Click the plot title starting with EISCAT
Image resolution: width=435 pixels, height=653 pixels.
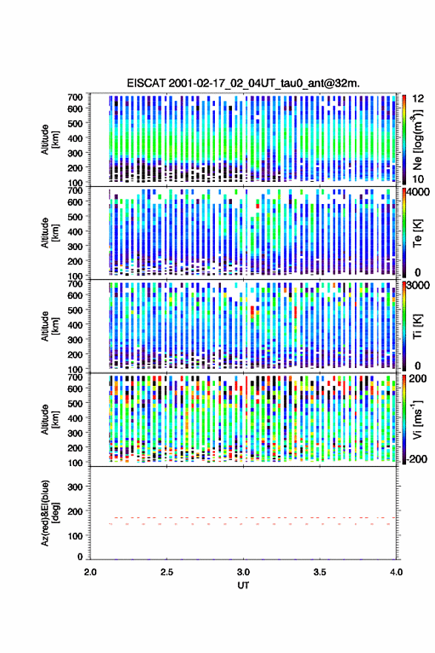tap(243, 83)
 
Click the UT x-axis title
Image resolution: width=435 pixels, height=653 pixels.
tap(243, 585)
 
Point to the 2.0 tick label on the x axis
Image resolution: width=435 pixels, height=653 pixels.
tap(90, 572)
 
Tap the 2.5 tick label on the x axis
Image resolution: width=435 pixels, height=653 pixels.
tap(167, 572)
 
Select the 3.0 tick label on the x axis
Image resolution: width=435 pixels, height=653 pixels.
tap(243, 572)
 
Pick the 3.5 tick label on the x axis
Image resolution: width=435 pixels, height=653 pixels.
tap(320, 572)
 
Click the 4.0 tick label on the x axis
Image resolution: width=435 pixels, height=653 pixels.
tap(396, 572)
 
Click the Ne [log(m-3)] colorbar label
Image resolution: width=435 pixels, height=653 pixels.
tap(417, 140)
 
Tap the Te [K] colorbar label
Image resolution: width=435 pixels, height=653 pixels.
tap(417, 233)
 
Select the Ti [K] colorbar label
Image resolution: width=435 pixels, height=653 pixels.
tap(417, 326)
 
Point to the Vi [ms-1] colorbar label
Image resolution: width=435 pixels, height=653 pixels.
tap(417, 419)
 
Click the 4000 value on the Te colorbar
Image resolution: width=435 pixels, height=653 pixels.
tap(419, 193)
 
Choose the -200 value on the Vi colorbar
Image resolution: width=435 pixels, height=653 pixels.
tap(417, 459)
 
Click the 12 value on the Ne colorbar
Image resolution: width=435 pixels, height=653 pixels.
tap(418, 99)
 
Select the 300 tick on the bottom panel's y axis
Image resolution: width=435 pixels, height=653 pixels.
tap(76, 488)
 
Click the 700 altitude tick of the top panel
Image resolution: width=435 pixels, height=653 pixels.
tap(76, 97)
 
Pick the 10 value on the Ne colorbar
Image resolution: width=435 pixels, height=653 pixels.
tap(418, 180)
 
